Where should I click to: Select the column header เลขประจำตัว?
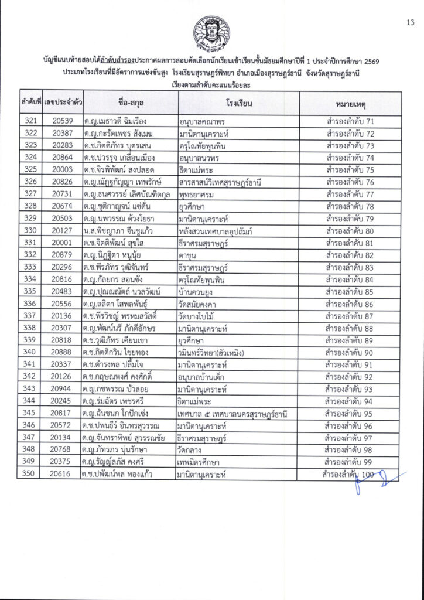[62, 103]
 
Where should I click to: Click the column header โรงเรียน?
[238, 103]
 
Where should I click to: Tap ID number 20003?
[62, 170]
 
